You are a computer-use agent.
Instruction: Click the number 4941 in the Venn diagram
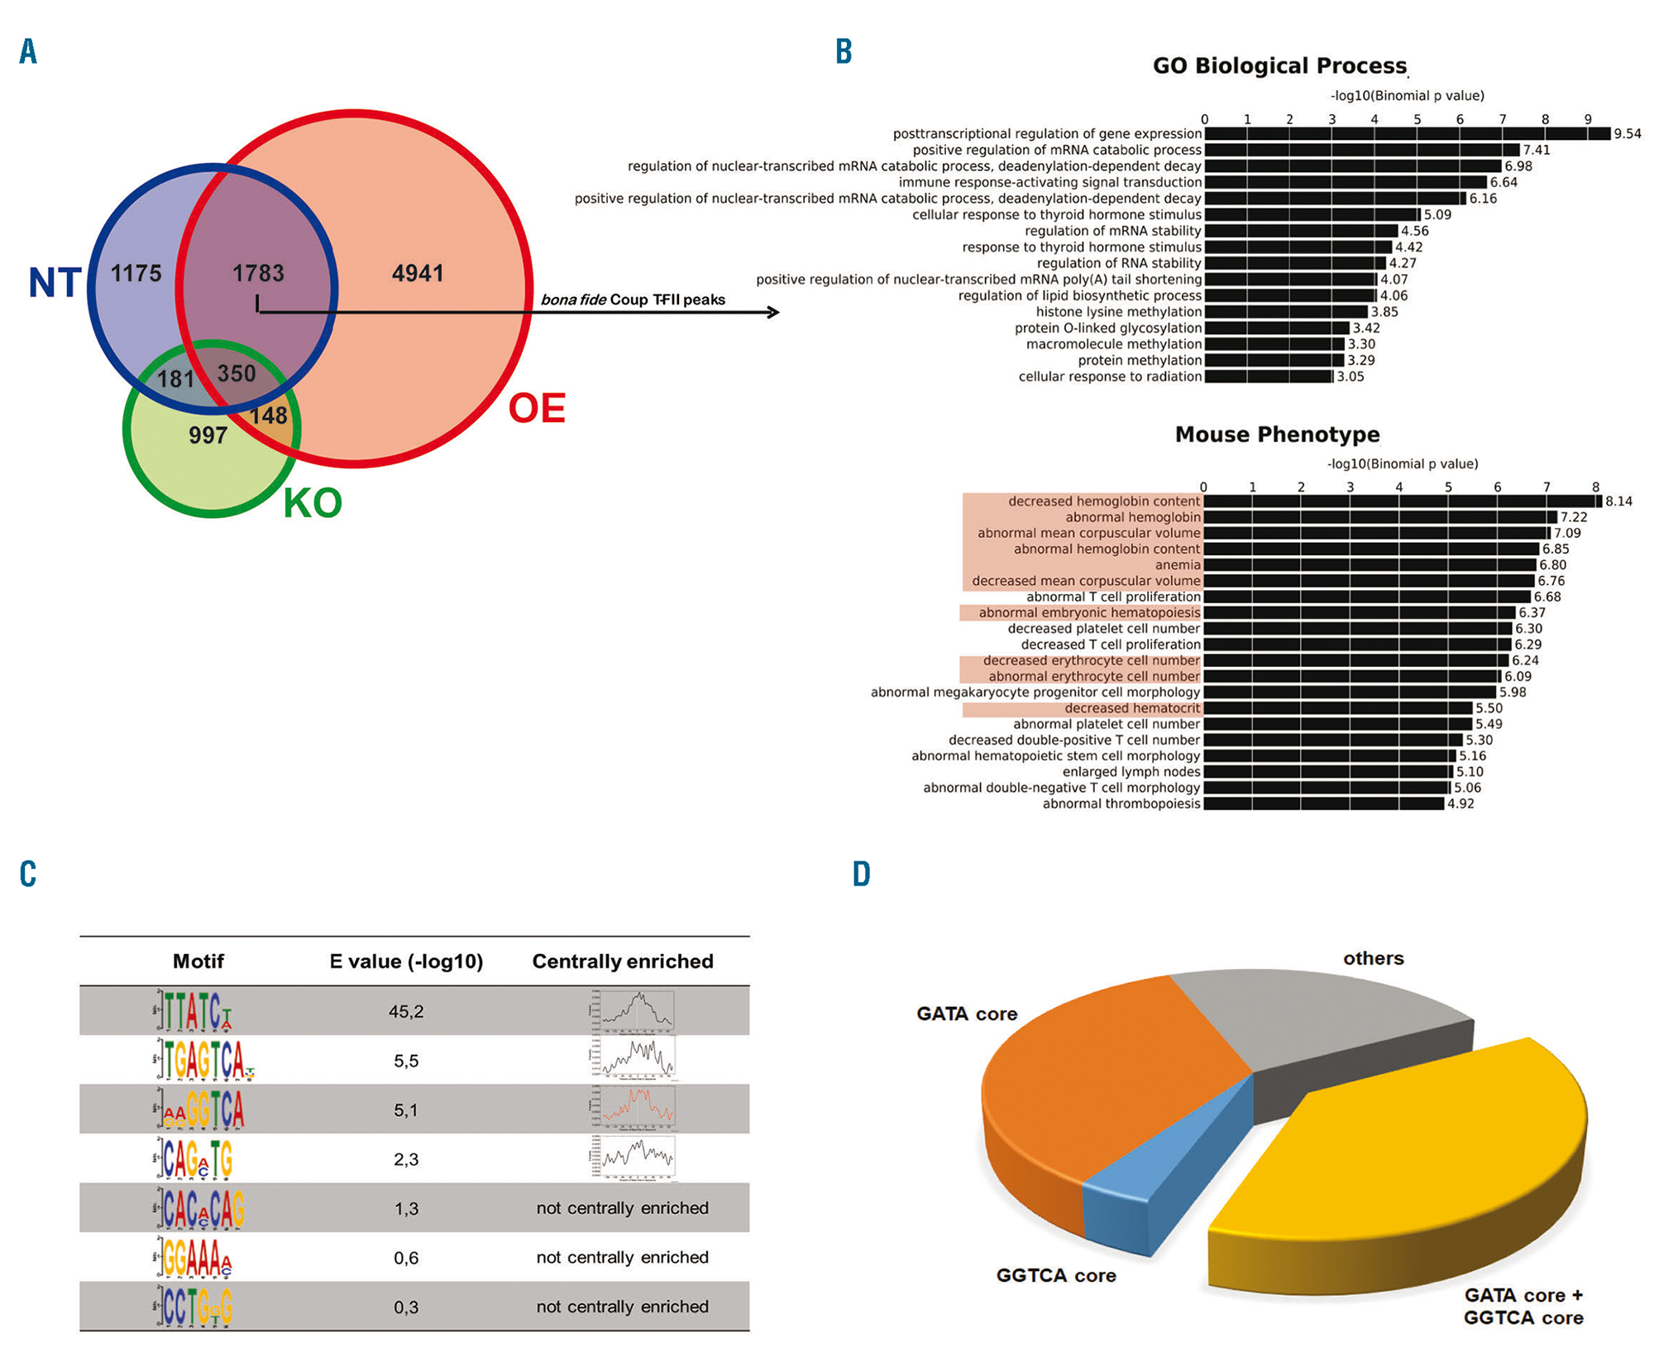click(x=418, y=273)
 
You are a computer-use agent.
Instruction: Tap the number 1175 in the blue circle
click(x=136, y=273)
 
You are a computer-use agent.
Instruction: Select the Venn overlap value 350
click(x=237, y=374)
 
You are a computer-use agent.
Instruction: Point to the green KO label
click(x=313, y=503)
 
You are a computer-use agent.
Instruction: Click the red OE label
click(x=537, y=408)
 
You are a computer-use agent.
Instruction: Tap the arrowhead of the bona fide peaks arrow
click(x=773, y=312)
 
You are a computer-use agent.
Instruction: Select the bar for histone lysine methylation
click(x=1286, y=312)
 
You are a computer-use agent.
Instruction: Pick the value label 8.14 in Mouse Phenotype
click(x=1618, y=501)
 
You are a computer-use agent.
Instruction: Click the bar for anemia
click(x=1370, y=565)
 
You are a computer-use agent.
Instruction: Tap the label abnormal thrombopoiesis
click(x=1121, y=804)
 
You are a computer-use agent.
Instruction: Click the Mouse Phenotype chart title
click(x=1277, y=434)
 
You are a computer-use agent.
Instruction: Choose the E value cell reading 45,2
click(x=406, y=1011)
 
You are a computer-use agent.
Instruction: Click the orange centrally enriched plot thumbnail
click(x=634, y=1107)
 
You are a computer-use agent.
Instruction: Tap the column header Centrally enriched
click(x=622, y=962)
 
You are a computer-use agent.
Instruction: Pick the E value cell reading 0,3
click(x=406, y=1307)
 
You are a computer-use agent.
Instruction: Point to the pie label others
click(x=1373, y=958)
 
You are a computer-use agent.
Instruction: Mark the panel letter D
click(x=862, y=874)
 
